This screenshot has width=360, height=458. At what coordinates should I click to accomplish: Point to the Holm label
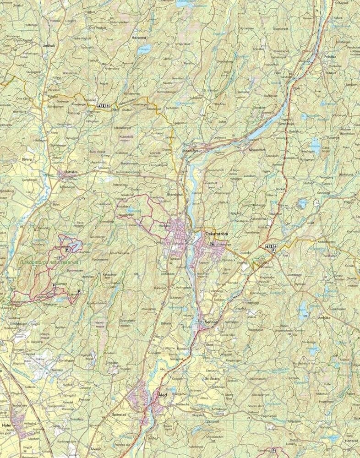[6, 425]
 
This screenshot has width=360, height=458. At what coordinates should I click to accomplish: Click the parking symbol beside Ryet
[273, 251]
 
